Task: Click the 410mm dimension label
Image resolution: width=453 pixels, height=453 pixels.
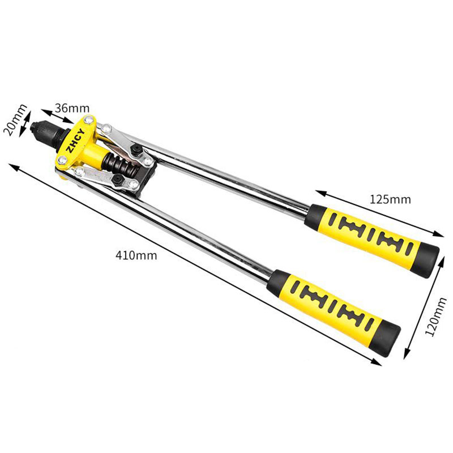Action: coord(136,255)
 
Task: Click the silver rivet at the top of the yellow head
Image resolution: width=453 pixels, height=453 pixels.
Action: coord(88,120)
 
